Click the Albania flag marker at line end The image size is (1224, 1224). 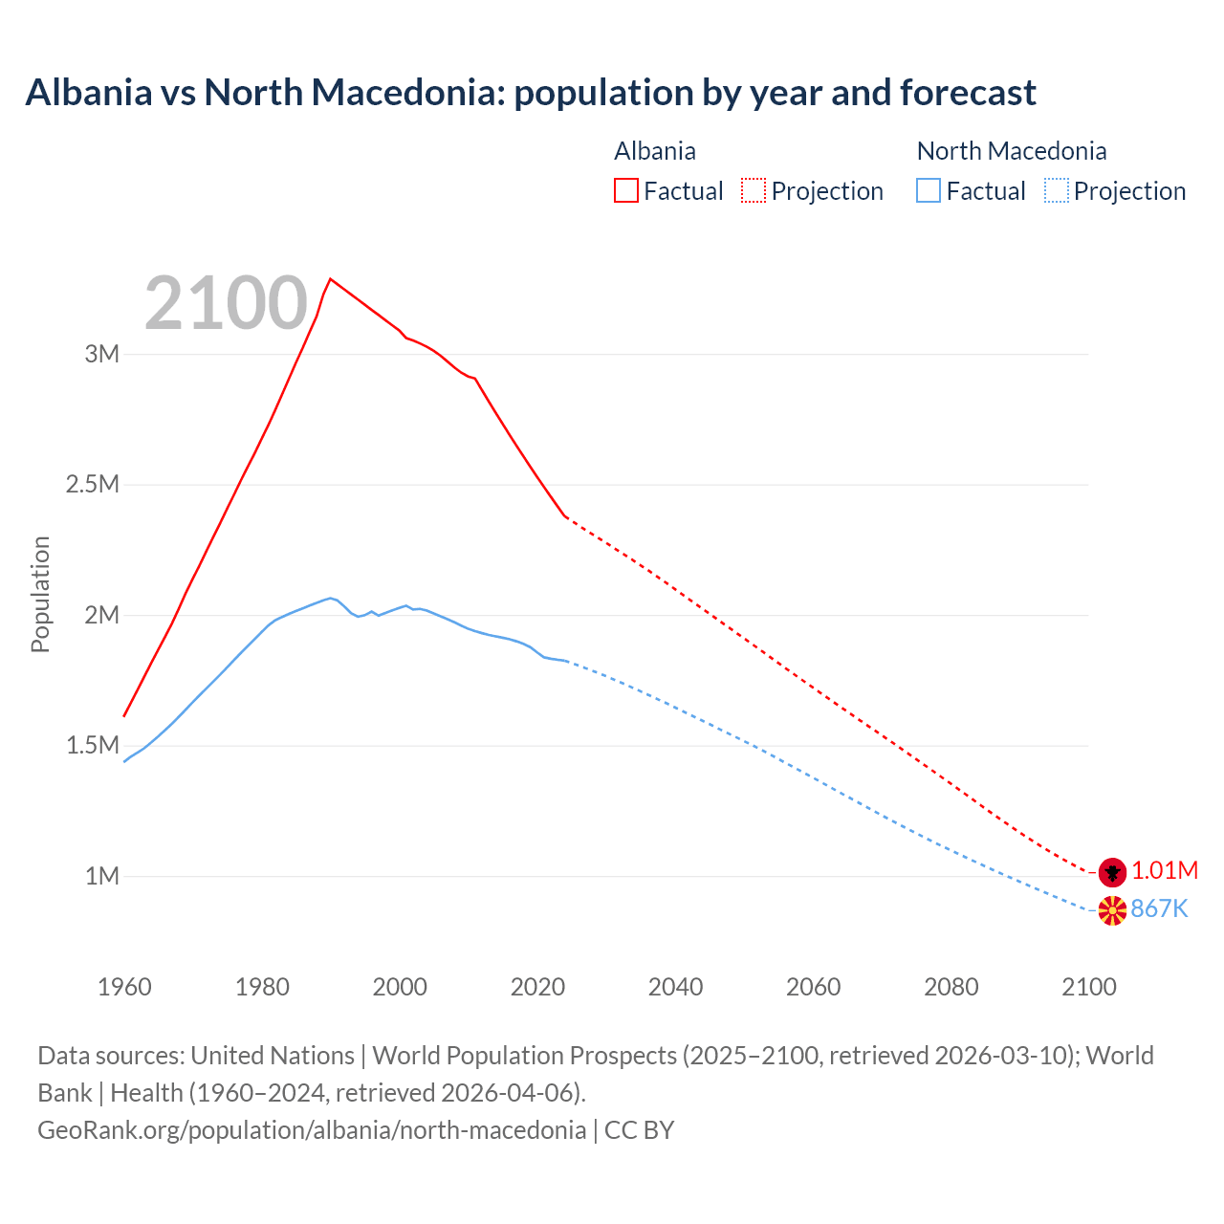point(1111,871)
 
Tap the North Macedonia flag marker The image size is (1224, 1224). point(1111,910)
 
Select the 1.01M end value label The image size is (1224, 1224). point(1165,871)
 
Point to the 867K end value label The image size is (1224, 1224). point(1159,909)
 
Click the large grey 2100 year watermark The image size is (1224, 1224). point(226,303)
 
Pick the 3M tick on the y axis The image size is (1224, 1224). point(102,355)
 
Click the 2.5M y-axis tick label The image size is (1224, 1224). point(93,485)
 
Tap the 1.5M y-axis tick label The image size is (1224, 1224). point(93,746)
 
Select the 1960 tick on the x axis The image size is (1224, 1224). point(124,987)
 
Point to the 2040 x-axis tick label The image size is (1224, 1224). point(675,987)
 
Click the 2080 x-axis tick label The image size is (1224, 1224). point(951,987)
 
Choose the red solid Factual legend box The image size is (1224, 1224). point(625,191)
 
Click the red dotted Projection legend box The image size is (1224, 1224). point(754,191)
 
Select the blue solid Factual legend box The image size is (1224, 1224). point(929,191)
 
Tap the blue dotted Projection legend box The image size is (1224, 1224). point(1057,191)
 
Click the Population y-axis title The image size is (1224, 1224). point(40,594)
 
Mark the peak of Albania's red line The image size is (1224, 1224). point(330,279)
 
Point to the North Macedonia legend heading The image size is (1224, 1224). point(1012,151)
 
